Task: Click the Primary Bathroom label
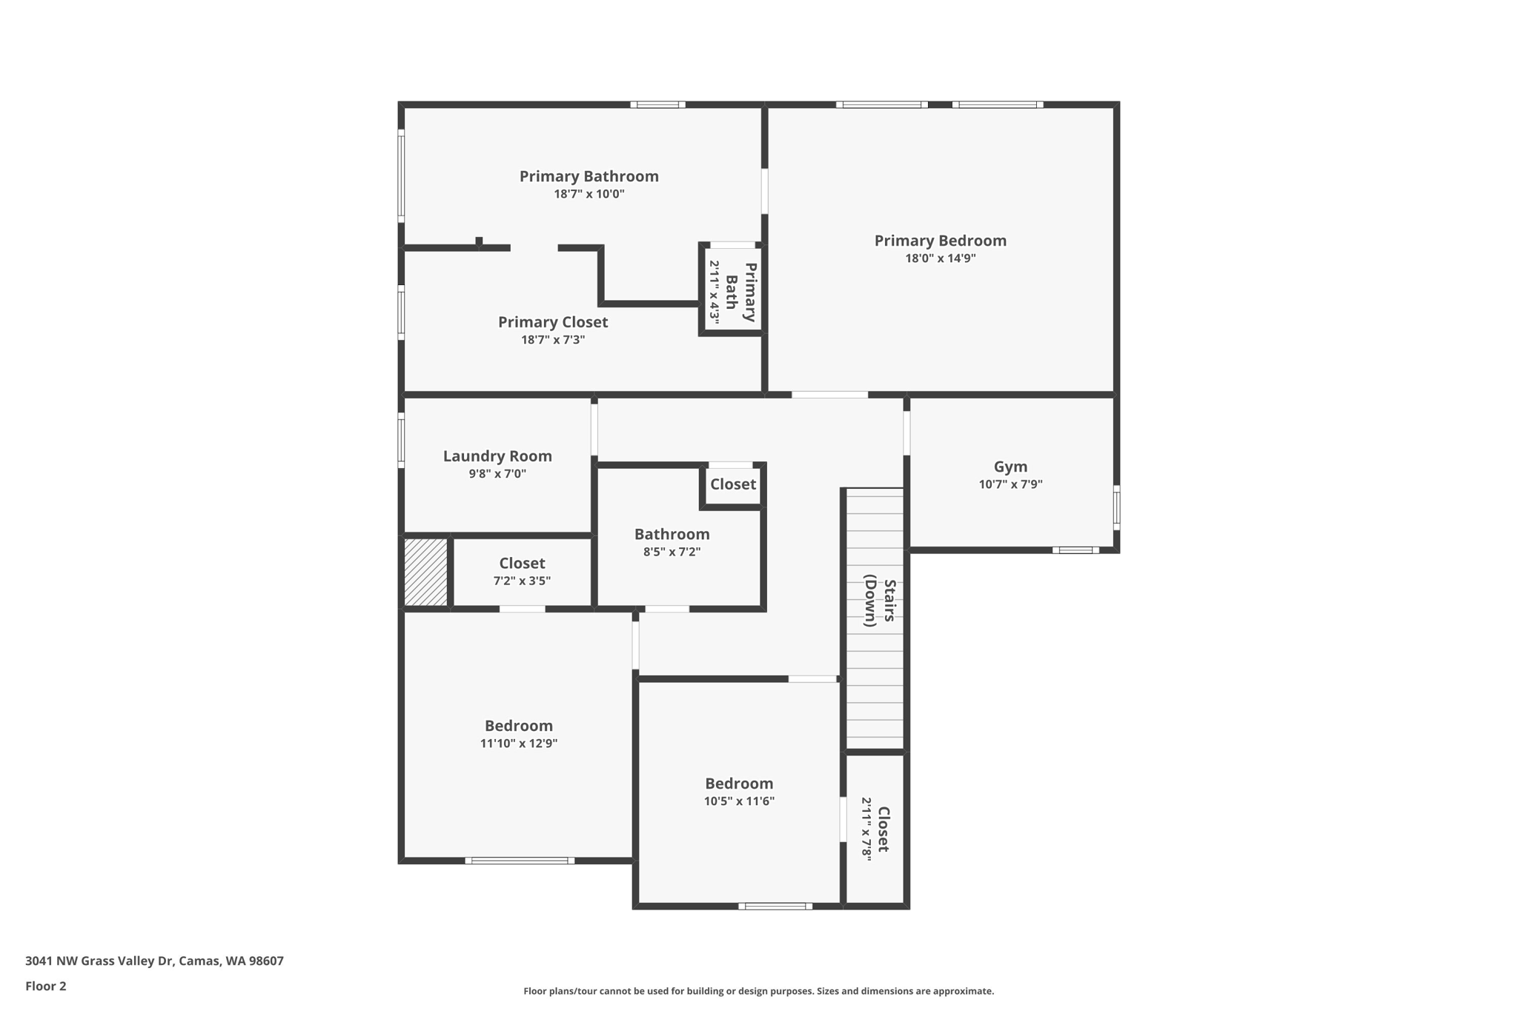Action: [x=589, y=176]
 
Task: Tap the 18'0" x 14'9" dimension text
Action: [x=940, y=258]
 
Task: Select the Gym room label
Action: [x=1010, y=467]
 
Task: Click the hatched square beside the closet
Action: [x=426, y=573]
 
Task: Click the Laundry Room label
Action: [x=497, y=456]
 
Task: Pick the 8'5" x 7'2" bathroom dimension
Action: [x=672, y=552]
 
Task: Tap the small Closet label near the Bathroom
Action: [x=732, y=484]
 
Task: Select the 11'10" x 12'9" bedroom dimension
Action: [x=518, y=744]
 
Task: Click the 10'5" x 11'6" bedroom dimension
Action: [x=739, y=801]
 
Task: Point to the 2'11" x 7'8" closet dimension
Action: [x=866, y=828]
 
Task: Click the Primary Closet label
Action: [x=553, y=322]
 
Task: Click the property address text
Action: [x=154, y=961]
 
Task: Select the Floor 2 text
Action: [x=46, y=987]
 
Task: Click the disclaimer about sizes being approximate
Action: [x=758, y=991]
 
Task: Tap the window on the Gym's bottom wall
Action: [x=1075, y=550]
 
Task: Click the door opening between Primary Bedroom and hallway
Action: [x=829, y=395]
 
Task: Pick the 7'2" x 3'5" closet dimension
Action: [x=522, y=581]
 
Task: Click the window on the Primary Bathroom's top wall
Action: [x=657, y=104]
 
